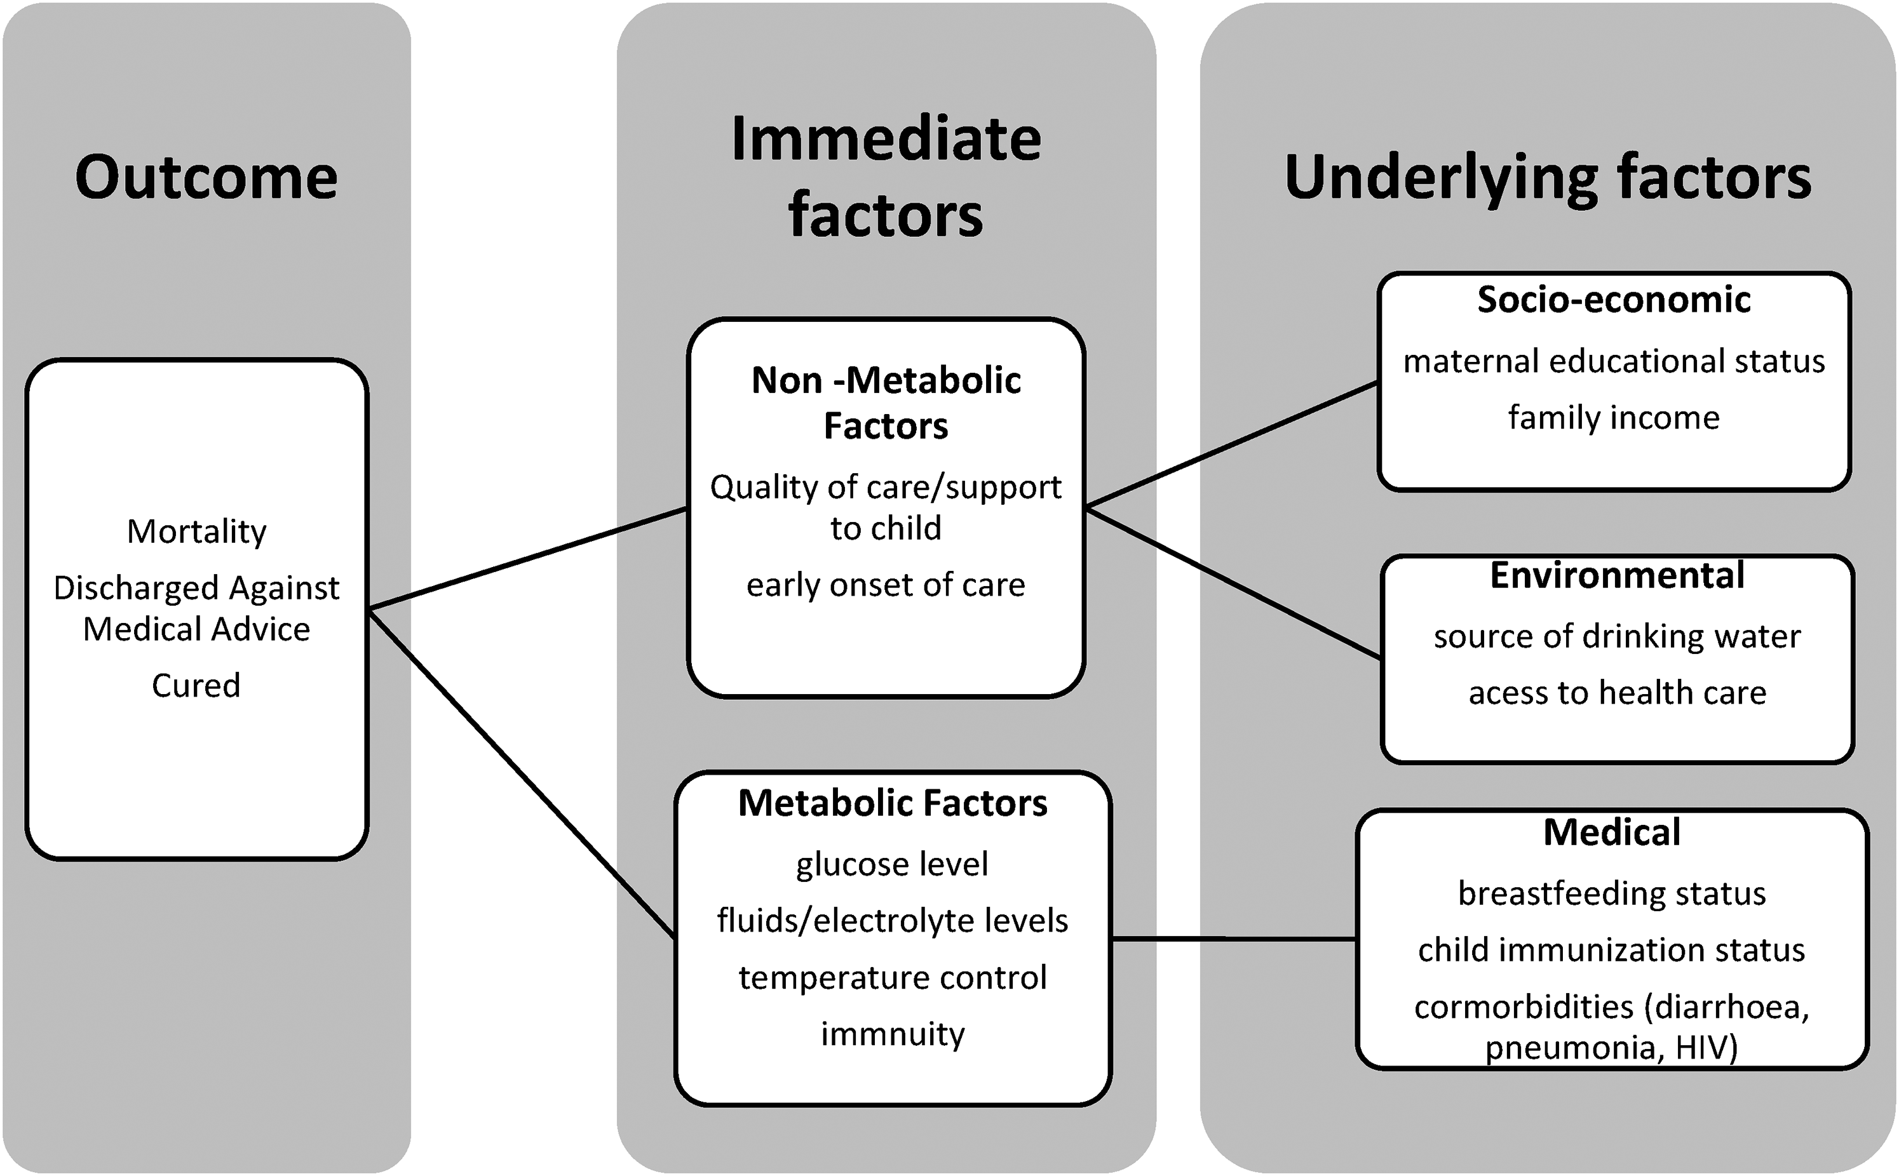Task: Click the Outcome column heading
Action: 206,177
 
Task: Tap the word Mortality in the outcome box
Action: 197,533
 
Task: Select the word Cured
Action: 196,685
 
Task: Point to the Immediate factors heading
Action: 886,177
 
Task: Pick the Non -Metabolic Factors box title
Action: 886,403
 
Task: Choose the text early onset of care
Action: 886,585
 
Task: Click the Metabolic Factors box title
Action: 892,803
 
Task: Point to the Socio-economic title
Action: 1614,300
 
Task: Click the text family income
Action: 1614,418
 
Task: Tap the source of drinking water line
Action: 1617,637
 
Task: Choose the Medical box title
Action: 1612,833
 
